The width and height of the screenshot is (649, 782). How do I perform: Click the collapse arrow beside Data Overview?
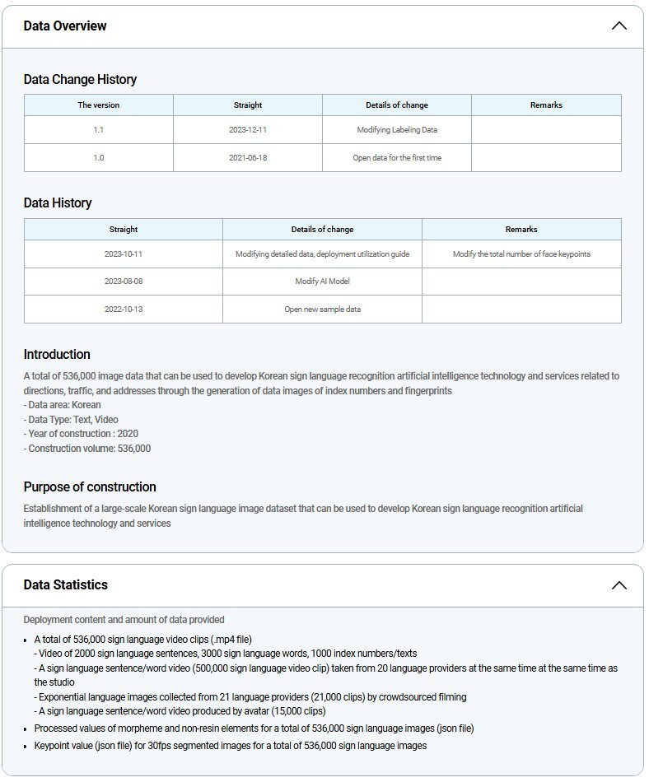pos(619,26)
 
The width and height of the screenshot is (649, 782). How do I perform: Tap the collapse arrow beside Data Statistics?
pos(619,585)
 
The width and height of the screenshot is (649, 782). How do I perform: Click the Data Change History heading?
pos(80,80)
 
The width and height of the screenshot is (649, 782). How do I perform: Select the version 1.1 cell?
pos(99,130)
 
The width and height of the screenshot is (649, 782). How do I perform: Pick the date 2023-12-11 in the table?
pos(248,130)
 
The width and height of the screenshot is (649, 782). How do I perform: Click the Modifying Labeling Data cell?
pos(397,130)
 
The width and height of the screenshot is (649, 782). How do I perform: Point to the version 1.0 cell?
pos(99,158)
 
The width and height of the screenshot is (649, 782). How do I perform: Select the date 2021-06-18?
pos(248,158)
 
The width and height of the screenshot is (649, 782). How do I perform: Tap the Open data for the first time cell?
pos(397,158)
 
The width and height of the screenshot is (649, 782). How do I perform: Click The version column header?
pos(99,105)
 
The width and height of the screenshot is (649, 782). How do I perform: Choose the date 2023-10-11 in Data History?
pos(124,254)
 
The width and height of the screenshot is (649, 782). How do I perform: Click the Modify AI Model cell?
pos(322,282)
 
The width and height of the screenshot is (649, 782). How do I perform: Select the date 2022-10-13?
pos(124,310)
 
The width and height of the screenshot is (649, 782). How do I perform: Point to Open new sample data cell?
pos(322,310)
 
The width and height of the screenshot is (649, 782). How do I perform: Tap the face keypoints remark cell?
pos(521,254)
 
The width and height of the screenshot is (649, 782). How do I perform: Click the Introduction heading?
pos(57,355)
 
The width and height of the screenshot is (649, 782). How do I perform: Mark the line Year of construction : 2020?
pos(81,434)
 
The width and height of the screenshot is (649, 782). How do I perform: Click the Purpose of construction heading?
pos(90,487)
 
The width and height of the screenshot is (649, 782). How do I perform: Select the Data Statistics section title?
pos(66,585)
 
